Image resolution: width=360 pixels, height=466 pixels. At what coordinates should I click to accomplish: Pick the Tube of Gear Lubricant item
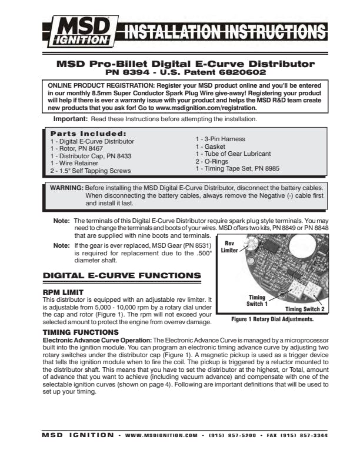tap(233, 154)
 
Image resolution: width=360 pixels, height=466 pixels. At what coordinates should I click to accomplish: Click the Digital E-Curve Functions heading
tap(122, 275)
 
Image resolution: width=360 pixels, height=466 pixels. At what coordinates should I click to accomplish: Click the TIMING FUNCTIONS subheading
tap(81, 332)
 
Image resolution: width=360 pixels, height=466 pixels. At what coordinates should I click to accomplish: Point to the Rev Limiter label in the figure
tap(229, 247)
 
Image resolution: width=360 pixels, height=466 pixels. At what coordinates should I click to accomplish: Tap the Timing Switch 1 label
tap(256, 301)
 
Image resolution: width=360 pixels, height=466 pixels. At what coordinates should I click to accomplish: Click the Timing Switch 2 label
tap(305, 308)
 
